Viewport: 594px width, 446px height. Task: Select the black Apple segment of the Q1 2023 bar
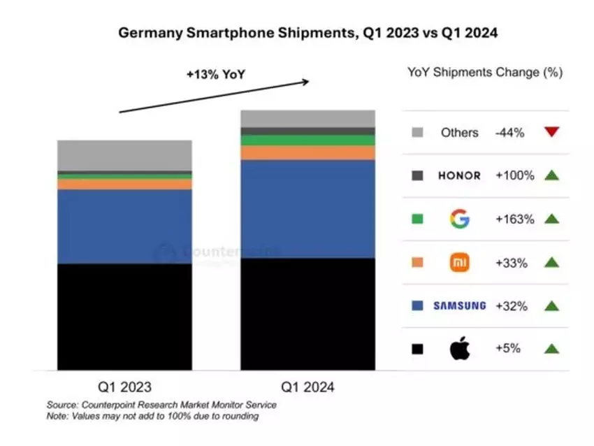point(124,316)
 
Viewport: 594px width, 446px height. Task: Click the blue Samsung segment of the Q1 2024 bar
point(308,208)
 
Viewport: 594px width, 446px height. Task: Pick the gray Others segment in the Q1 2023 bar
point(124,154)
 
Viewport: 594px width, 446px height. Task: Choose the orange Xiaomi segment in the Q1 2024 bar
point(308,152)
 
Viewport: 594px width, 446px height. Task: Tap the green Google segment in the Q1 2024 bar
point(308,140)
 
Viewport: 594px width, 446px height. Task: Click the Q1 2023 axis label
point(124,386)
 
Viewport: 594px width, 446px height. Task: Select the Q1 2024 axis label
point(307,386)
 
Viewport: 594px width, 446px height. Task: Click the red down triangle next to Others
point(552,132)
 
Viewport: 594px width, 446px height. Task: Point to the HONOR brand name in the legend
point(459,175)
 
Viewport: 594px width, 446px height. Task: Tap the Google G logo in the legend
point(460,219)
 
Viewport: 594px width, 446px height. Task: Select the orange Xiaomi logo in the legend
point(460,262)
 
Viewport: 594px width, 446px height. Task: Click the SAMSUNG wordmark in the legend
point(459,305)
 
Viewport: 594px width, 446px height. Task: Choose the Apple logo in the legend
point(459,349)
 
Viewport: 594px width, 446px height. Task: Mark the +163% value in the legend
point(514,219)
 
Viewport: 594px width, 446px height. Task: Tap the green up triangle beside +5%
point(552,348)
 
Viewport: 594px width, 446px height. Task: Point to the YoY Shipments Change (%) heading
point(484,72)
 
